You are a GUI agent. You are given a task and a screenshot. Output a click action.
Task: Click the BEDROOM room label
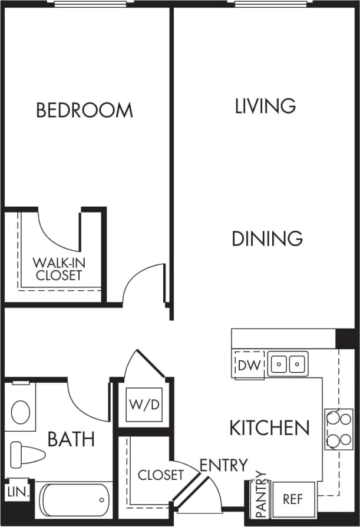[x=84, y=110]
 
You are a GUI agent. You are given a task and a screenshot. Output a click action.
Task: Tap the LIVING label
[x=265, y=106]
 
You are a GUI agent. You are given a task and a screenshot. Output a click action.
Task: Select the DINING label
[x=267, y=238]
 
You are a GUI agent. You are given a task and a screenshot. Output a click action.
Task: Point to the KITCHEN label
[x=269, y=427]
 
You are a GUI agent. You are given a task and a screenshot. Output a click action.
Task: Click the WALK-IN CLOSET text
[x=57, y=269]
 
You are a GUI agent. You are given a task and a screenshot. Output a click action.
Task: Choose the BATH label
[x=71, y=439]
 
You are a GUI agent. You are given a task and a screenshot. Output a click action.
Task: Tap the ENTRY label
[x=223, y=465]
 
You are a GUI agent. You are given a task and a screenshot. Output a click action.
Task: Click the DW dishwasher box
[x=249, y=365]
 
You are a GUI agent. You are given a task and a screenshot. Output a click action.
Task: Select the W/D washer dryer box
[x=144, y=406]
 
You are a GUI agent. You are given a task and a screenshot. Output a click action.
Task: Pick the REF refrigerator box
[x=293, y=499]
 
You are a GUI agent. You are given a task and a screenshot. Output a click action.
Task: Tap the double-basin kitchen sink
[x=288, y=364]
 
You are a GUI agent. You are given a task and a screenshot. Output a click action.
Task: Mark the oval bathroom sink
[x=21, y=412]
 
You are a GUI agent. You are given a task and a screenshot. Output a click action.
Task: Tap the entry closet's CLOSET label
[x=160, y=475]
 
